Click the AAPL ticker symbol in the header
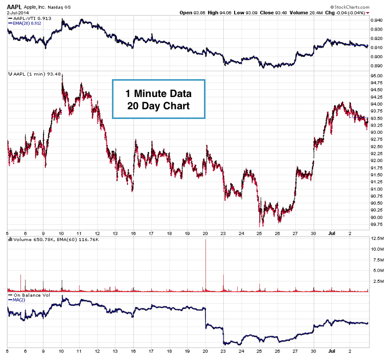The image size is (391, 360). coord(14,5)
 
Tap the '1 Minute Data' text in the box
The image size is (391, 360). coord(158,94)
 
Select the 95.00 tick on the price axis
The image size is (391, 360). coord(377,76)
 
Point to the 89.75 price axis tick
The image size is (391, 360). coord(377,224)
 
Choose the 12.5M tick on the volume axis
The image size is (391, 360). coord(377,238)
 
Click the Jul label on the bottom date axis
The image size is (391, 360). coord(332,351)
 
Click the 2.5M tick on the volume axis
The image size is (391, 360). coord(378,281)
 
